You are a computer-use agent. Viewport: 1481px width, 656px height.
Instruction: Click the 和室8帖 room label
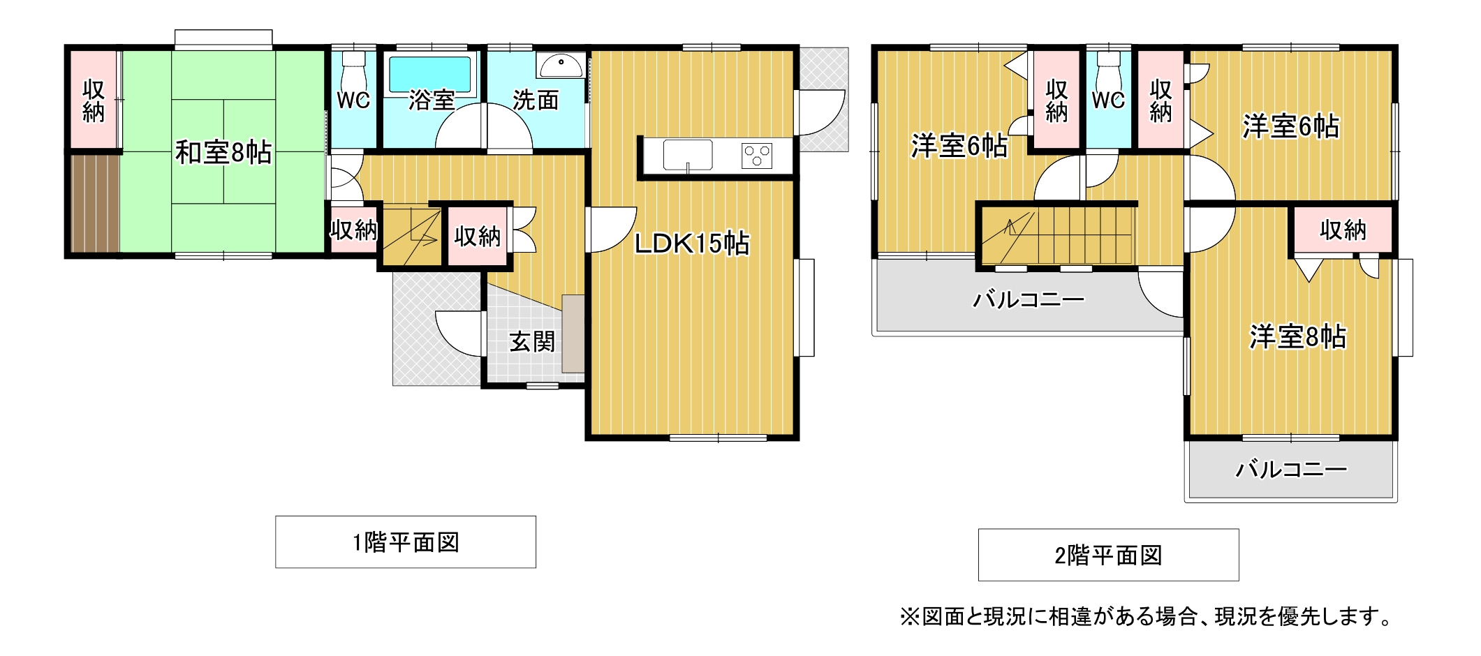pos(223,152)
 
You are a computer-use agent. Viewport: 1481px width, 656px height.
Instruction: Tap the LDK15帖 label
pos(692,244)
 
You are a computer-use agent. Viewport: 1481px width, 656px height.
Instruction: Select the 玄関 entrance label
pos(532,342)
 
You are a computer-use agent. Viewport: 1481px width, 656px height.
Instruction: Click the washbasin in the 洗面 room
pos(560,66)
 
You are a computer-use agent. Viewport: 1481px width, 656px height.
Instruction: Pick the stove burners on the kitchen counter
pos(757,155)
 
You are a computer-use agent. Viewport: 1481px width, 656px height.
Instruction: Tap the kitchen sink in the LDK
pos(688,155)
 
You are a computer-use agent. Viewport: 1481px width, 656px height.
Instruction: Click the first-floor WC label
pos(353,100)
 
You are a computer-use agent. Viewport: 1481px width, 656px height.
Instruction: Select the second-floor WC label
pos(1108,100)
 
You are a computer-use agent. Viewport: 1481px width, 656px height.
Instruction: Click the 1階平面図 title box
pos(406,542)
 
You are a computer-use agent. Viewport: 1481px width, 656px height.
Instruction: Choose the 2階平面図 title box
pos(1108,556)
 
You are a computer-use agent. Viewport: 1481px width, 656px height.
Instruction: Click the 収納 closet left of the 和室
pos(94,100)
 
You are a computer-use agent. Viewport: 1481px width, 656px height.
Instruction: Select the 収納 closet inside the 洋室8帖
pos(1343,230)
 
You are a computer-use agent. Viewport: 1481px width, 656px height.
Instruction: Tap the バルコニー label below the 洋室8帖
pos(1291,469)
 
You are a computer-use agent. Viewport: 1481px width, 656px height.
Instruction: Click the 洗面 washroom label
pos(536,100)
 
